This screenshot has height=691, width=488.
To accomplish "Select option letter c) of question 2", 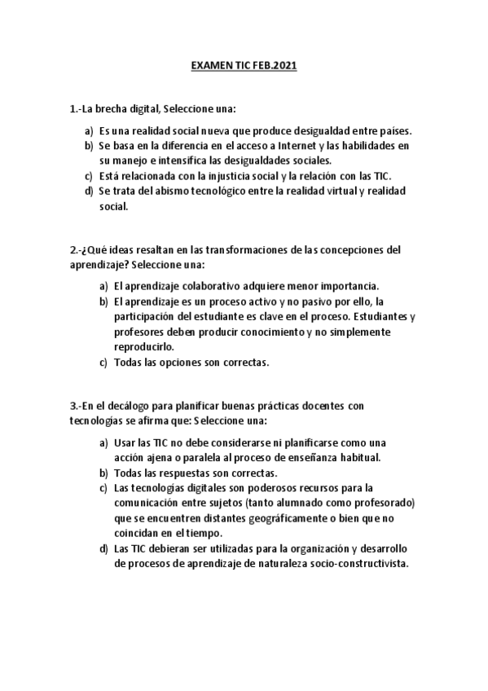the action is (x=103, y=361).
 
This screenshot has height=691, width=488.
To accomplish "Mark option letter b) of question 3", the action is (x=103, y=473).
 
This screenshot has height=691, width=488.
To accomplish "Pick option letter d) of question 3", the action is (x=103, y=548).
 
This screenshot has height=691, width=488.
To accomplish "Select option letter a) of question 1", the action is (x=88, y=130).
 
